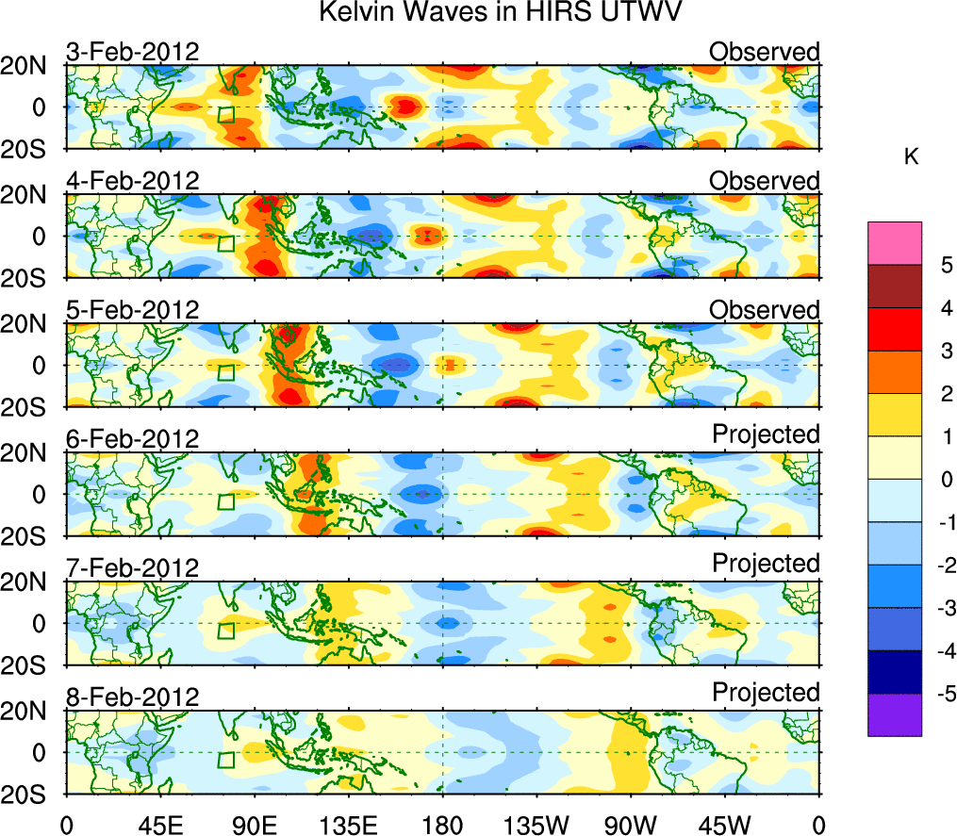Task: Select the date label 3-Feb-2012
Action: pyautogui.click(x=132, y=52)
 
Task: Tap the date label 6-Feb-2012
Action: pyautogui.click(x=132, y=439)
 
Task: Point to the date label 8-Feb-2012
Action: pyautogui.click(x=132, y=697)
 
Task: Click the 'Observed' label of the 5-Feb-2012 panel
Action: pyautogui.click(x=765, y=310)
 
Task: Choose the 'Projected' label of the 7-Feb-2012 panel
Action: pyautogui.click(x=766, y=563)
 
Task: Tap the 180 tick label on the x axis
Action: pyautogui.click(x=442, y=825)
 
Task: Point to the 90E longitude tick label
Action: pyautogui.click(x=254, y=825)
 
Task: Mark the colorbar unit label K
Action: pyautogui.click(x=911, y=157)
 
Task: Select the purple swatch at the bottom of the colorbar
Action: pyautogui.click(x=894, y=714)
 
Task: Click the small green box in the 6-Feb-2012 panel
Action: pyautogui.click(x=225, y=502)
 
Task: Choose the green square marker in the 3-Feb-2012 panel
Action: pyautogui.click(x=225, y=115)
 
